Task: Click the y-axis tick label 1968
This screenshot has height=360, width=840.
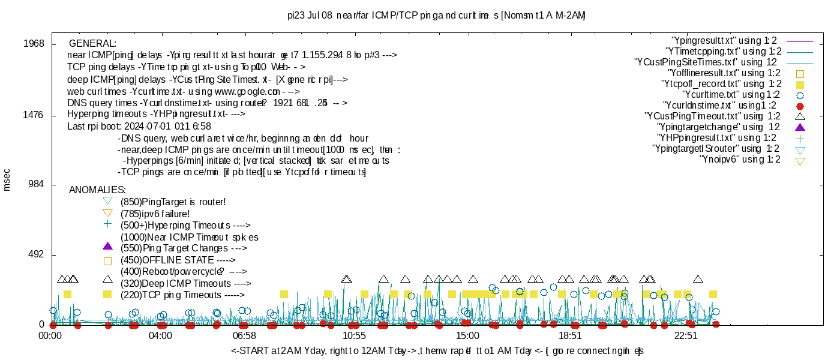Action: click(x=34, y=44)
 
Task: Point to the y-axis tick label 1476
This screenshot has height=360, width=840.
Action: click(x=34, y=115)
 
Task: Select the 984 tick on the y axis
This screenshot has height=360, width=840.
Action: click(x=37, y=184)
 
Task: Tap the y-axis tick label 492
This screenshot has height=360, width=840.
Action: click(x=37, y=255)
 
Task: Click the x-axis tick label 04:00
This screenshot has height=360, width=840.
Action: click(x=161, y=336)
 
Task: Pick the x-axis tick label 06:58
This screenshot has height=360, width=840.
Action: click(x=244, y=336)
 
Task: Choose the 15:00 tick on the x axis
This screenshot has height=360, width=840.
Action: click(x=467, y=336)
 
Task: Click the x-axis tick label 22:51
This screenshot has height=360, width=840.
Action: click(x=686, y=336)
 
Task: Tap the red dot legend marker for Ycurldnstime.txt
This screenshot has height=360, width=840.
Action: click(x=799, y=105)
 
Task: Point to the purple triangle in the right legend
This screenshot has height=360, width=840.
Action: click(x=799, y=127)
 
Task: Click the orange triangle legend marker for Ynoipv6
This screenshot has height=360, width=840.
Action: click(x=799, y=160)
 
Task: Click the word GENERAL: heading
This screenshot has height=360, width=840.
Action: click(x=93, y=44)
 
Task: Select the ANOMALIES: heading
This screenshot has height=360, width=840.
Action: click(x=97, y=190)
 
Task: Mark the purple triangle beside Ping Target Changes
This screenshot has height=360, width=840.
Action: click(x=107, y=247)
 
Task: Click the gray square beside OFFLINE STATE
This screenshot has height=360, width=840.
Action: click(x=107, y=260)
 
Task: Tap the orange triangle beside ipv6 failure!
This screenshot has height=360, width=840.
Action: click(x=107, y=213)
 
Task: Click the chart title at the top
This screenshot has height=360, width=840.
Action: click(x=436, y=14)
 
